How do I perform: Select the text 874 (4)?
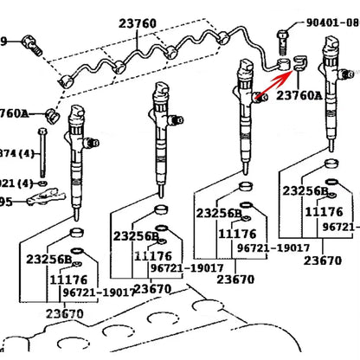pos(16,153)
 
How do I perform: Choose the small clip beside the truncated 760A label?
pos(51,115)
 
